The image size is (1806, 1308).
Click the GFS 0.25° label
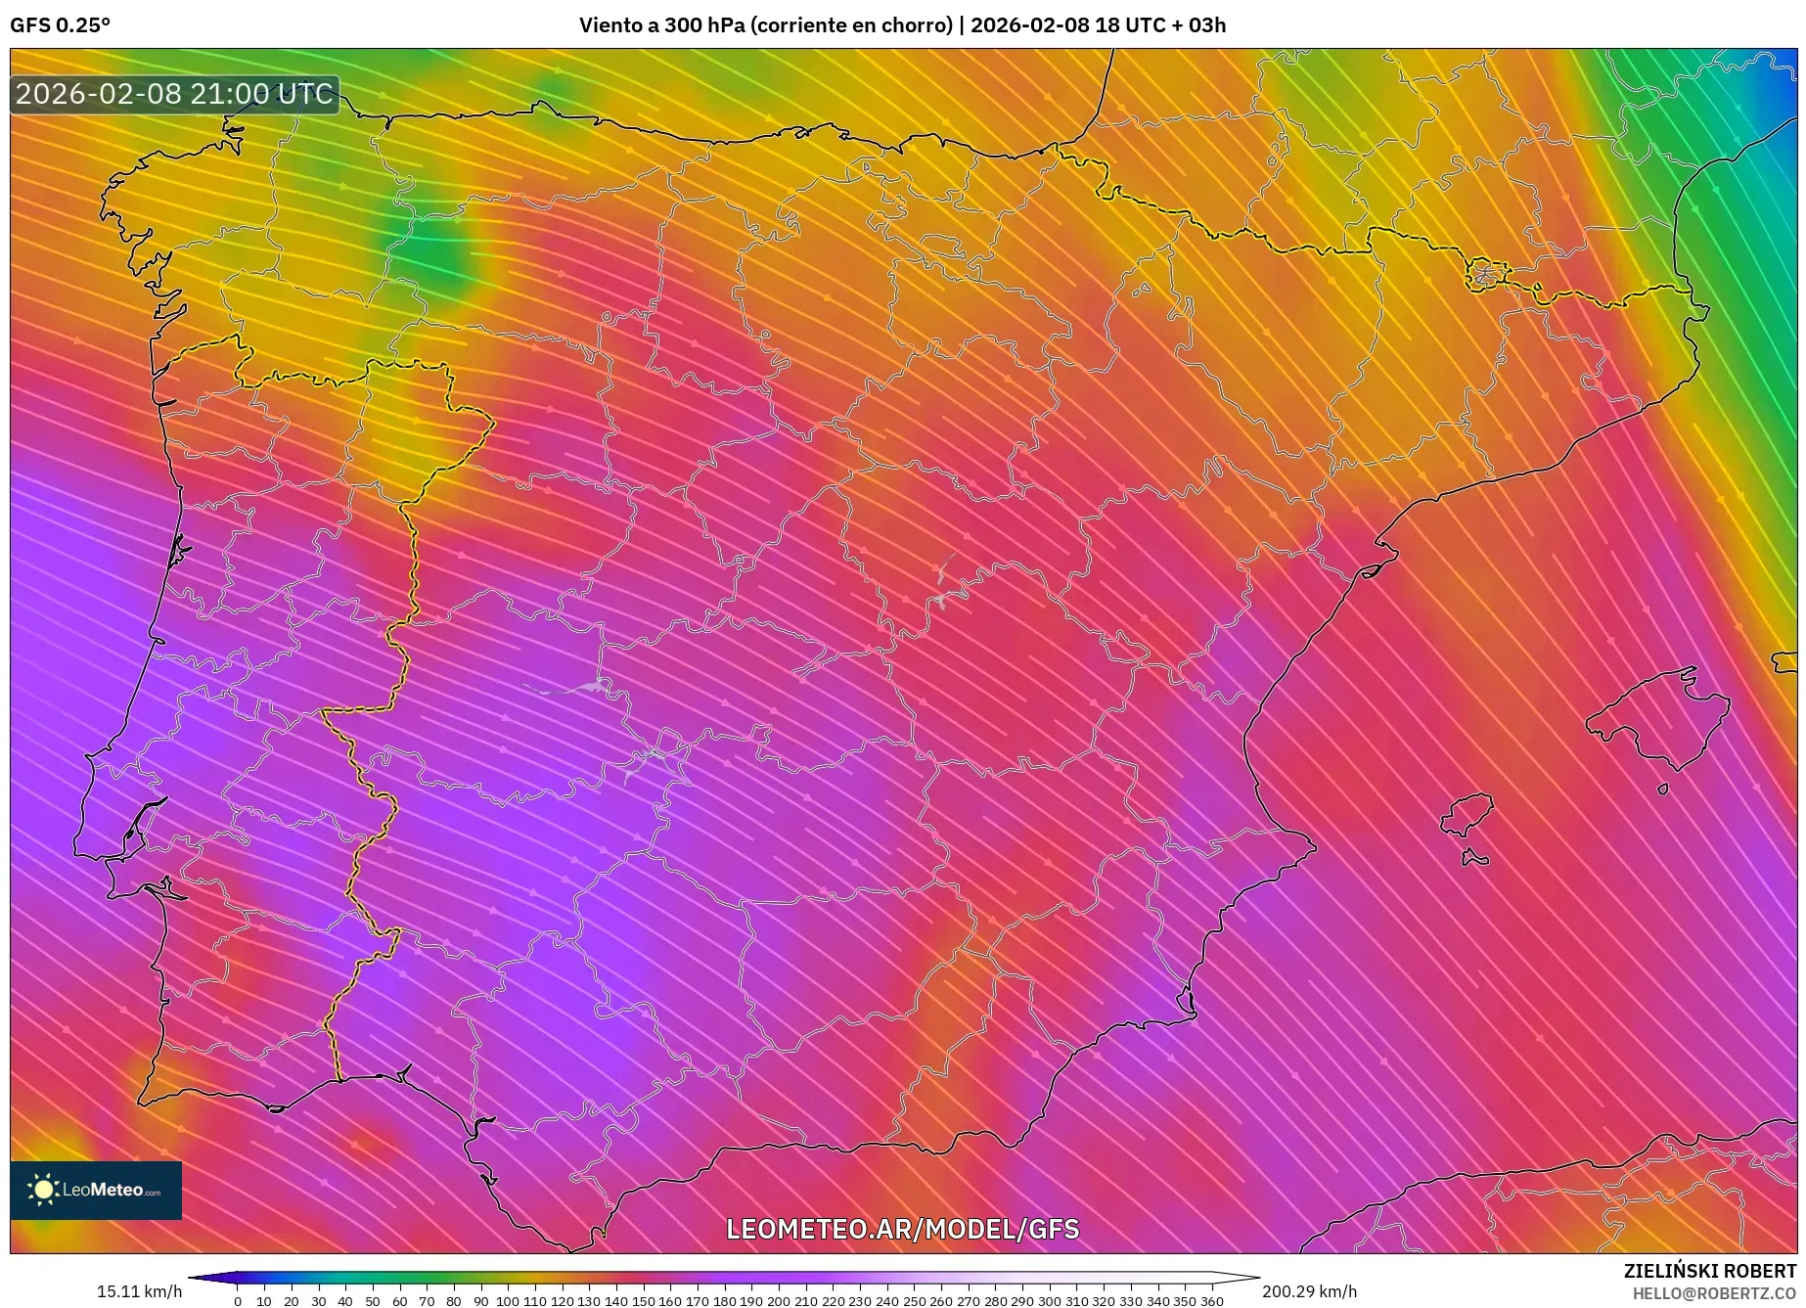(61, 25)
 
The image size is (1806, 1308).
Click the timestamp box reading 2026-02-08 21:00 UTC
(174, 95)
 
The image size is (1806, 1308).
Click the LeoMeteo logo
(96, 1191)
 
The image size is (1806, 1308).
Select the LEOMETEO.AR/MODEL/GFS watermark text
(902, 1229)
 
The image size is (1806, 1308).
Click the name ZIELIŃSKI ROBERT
(1709, 1271)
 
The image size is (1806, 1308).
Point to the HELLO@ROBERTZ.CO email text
(1714, 1293)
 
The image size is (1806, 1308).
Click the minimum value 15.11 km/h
(139, 1291)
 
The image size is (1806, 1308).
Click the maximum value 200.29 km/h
(1309, 1291)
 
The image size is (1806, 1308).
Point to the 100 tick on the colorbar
(508, 1300)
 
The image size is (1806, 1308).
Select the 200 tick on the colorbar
(778, 1300)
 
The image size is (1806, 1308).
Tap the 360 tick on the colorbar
(1211, 1300)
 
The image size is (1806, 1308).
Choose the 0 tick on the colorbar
(238, 1300)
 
